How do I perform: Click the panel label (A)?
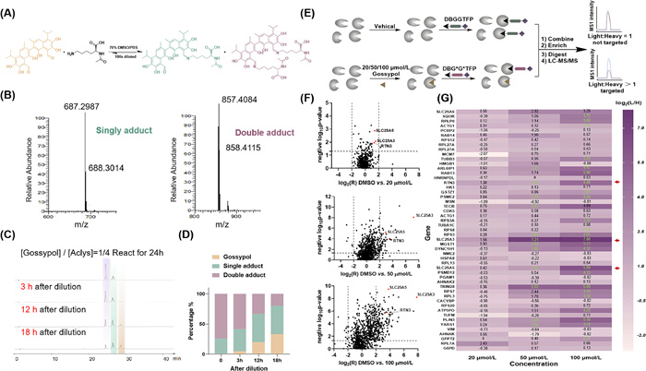(9, 6)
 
